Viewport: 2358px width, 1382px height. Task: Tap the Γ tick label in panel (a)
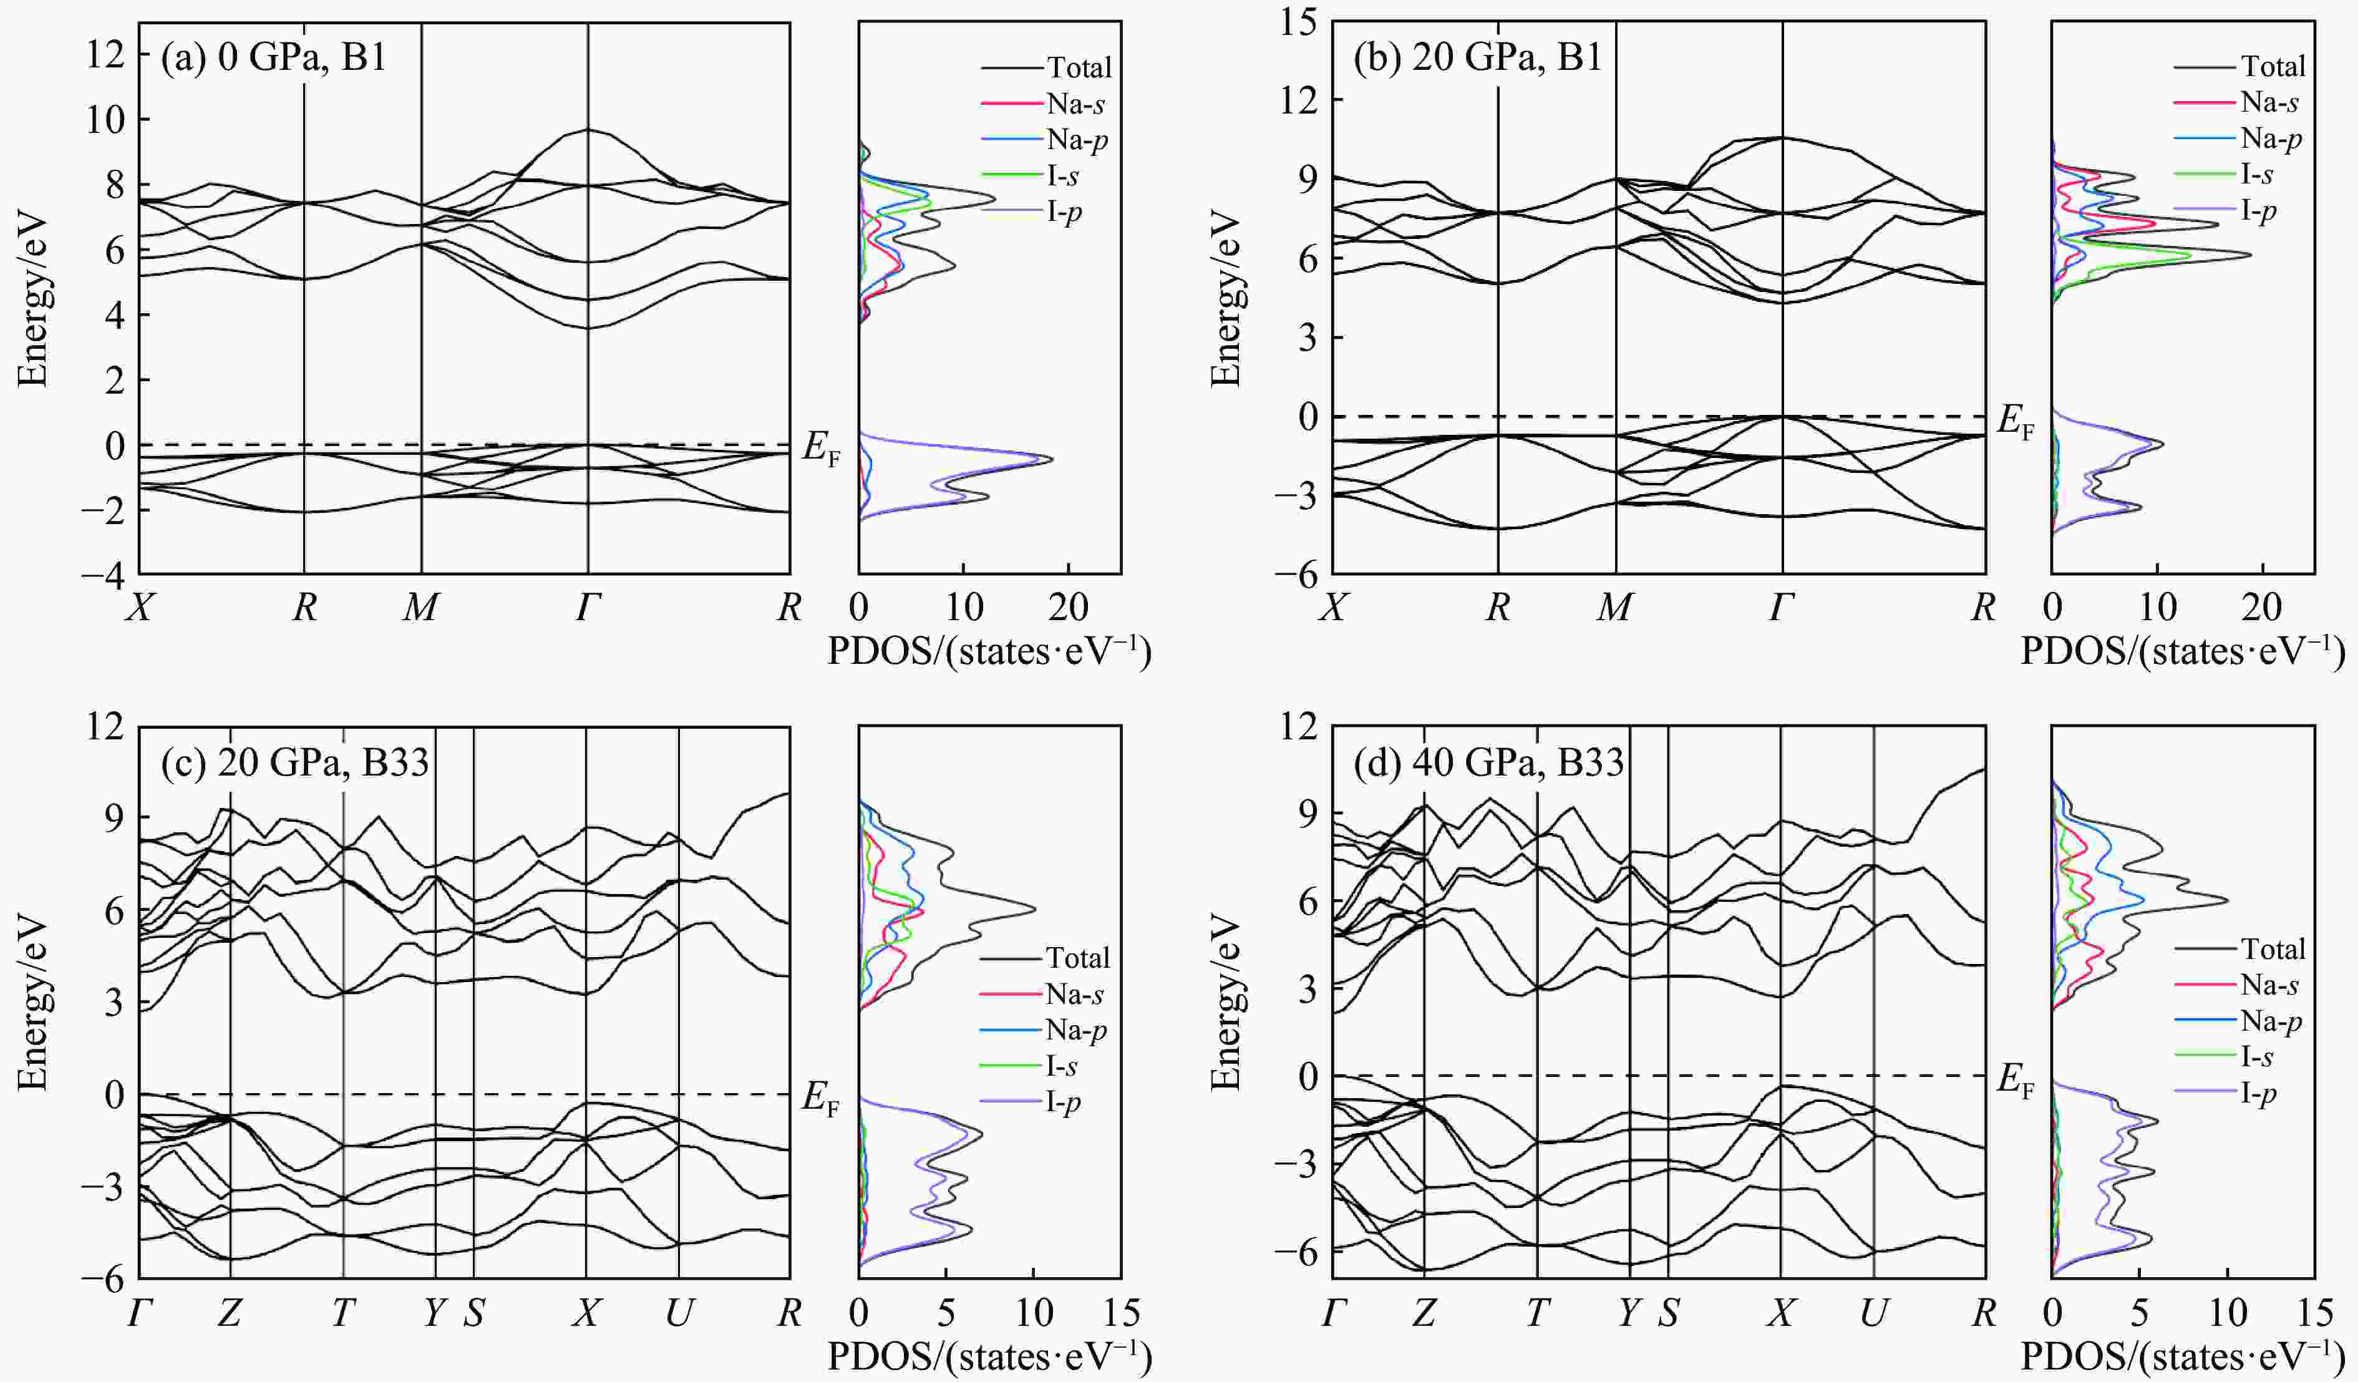click(x=588, y=609)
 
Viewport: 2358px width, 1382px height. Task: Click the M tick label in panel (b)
click(x=1615, y=609)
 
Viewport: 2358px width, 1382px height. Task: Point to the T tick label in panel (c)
click(x=343, y=1315)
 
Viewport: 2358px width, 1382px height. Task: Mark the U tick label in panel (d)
click(x=1873, y=1315)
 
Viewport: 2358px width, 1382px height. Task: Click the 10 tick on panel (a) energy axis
click(x=105, y=120)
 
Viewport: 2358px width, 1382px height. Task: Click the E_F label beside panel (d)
click(x=2016, y=1081)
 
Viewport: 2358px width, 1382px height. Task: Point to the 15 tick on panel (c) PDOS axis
click(x=1121, y=1315)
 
